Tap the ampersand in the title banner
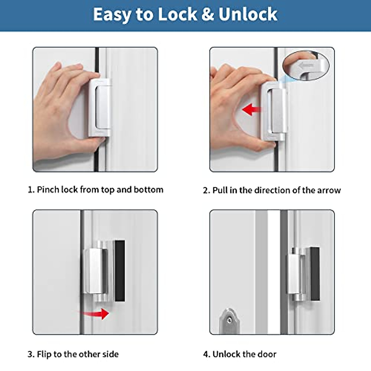tap(208, 15)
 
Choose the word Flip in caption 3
tap(44, 354)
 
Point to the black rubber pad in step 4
tap(315, 274)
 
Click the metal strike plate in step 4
tap(229, 322)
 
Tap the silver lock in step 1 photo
tap(100, 107)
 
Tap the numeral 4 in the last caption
tap(206, 354)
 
